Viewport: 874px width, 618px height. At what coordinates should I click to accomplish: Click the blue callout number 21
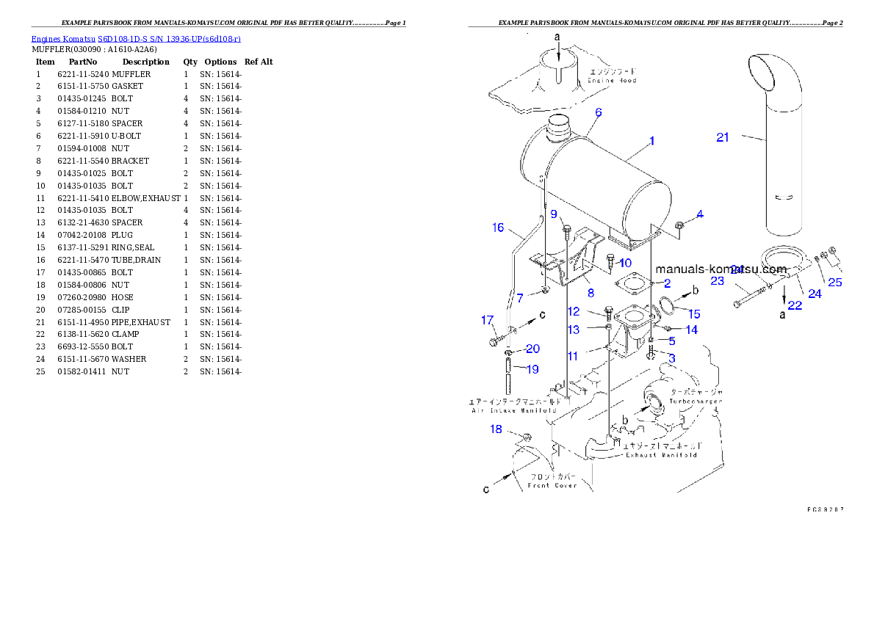pyautogui.click(x=723, y=137)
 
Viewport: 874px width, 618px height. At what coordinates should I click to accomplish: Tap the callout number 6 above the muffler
pyautogui.click(x=599, y=112)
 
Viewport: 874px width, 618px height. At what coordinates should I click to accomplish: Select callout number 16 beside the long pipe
pyautogui.click(x=498, y=228)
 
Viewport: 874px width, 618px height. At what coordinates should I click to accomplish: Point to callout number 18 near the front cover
pyautogui.click(x=496, y=429)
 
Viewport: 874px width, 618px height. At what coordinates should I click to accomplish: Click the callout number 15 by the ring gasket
pyautogui.click(x=694, y=314)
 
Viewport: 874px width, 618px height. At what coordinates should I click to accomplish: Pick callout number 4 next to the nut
pyautogui.click(x=700, y=214)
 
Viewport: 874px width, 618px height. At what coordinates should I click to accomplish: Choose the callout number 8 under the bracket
pyautogui.click(x=590, y=294)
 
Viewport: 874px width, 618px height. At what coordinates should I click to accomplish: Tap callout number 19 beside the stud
pyautogui.click(x=532, y=368)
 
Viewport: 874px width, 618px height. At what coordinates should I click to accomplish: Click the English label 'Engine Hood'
pyautogui.click(x=611, y=81)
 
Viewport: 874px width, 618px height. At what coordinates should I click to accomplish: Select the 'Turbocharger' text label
pyautogui.click(x=695, y=401)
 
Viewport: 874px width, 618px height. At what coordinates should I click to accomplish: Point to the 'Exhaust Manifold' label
pyautogui.click(x=660, y=455)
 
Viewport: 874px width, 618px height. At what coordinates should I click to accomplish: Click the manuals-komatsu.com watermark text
pyautogui.click(x=720, y=269)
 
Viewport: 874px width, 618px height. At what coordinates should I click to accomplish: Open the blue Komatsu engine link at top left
pyautogui.click(x=136, y=38)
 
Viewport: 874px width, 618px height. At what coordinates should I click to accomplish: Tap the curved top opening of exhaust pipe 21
pyautogui.click(x=768, y=70)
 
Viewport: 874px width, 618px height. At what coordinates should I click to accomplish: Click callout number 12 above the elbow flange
pyautogui.click(x=573, y=312)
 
